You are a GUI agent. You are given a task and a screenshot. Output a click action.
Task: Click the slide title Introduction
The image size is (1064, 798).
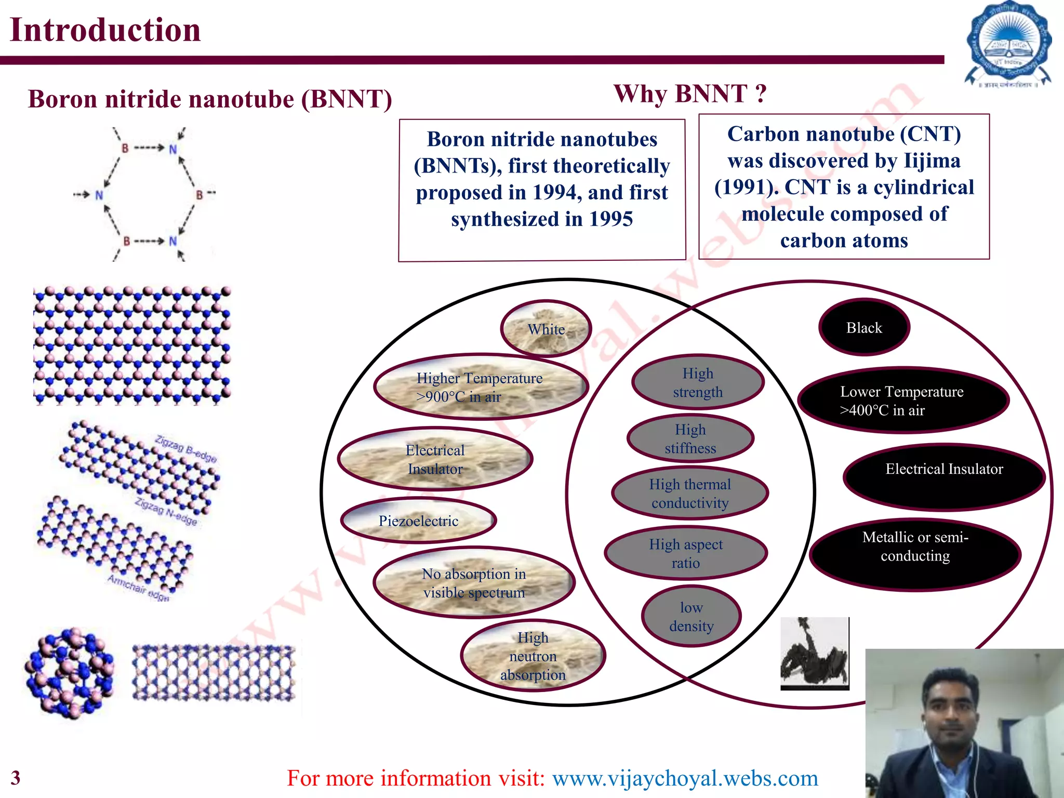[105, 30]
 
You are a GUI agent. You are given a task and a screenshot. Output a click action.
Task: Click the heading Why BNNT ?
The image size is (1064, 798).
[690, 95]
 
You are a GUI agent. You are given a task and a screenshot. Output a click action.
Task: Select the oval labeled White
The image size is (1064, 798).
[546, 329]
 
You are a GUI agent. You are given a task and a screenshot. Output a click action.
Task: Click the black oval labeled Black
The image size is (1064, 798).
[864, 327]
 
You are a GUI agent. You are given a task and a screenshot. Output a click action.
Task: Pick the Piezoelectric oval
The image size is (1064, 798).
[418, 521]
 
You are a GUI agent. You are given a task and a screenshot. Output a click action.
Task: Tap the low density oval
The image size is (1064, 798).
[691, 616]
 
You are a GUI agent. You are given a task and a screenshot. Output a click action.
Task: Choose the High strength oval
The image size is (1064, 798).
[698, 382]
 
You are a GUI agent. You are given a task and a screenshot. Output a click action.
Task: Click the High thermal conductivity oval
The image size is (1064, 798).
[690, 494]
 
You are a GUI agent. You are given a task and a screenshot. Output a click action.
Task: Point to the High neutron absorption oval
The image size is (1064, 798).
[533, 656]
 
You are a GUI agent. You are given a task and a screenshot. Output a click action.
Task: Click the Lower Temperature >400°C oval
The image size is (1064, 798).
[903, 401]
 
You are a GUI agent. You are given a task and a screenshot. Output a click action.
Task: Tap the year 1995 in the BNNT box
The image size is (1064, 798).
[611, 219]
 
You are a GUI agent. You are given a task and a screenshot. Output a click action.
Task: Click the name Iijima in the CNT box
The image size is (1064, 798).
[932, 161]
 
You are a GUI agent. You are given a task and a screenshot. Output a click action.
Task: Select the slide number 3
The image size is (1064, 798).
[16, 778]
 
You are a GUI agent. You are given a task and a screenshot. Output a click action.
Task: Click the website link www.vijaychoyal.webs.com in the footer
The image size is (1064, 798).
[685, 778]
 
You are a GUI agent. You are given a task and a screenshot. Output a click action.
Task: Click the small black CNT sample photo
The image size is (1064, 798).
[814, 653]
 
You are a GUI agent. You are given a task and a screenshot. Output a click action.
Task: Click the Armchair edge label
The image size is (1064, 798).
[138, 588]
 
